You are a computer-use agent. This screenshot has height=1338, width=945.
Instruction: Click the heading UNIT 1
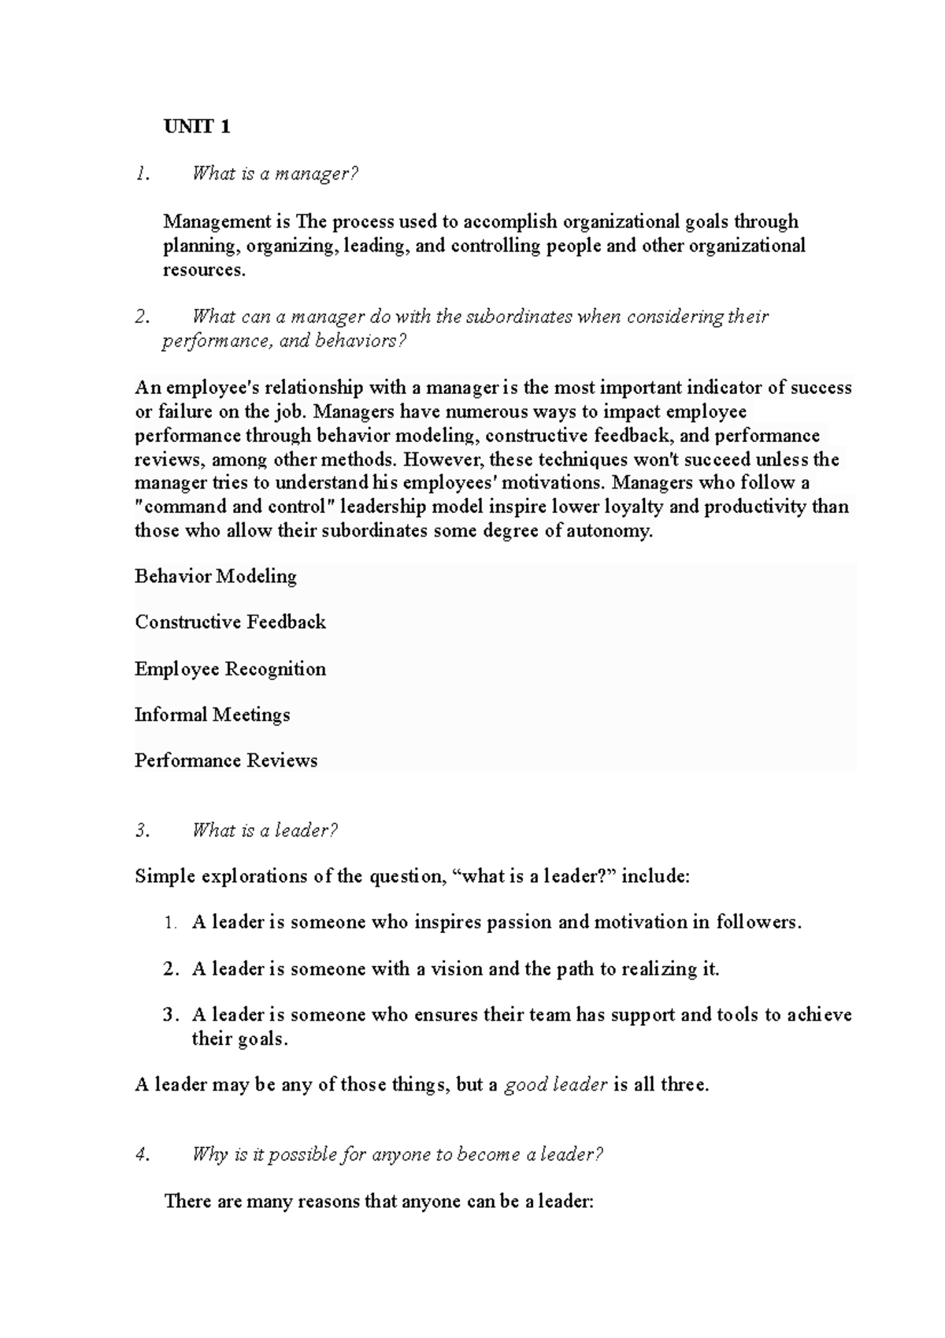[x=197, y=127]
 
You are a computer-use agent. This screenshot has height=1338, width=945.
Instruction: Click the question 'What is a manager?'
[x=275, y=174]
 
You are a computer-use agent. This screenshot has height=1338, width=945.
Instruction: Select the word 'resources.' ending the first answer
[x=204, y=270]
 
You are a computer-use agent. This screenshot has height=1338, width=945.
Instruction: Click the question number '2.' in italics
[x=142, y=317]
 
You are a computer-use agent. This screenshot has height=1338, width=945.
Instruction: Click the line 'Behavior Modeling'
[x=216, y=577]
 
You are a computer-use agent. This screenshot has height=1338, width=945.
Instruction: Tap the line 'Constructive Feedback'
[x=230, y=623]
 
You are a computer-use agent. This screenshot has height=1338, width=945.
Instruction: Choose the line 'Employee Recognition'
[x=230, y=669]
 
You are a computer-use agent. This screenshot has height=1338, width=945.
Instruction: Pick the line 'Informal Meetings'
[x=212, y=715]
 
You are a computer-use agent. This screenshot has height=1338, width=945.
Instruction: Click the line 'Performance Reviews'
[x=226, y=761]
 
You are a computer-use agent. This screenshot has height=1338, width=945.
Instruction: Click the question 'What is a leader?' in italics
[x=265, y=831]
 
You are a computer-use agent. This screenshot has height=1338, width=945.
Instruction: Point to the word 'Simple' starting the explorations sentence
[x=165, y=876]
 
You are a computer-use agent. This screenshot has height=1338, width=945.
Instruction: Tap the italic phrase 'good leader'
[x=555, y=1085]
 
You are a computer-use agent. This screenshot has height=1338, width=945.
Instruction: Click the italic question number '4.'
[x=142, y=1155]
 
